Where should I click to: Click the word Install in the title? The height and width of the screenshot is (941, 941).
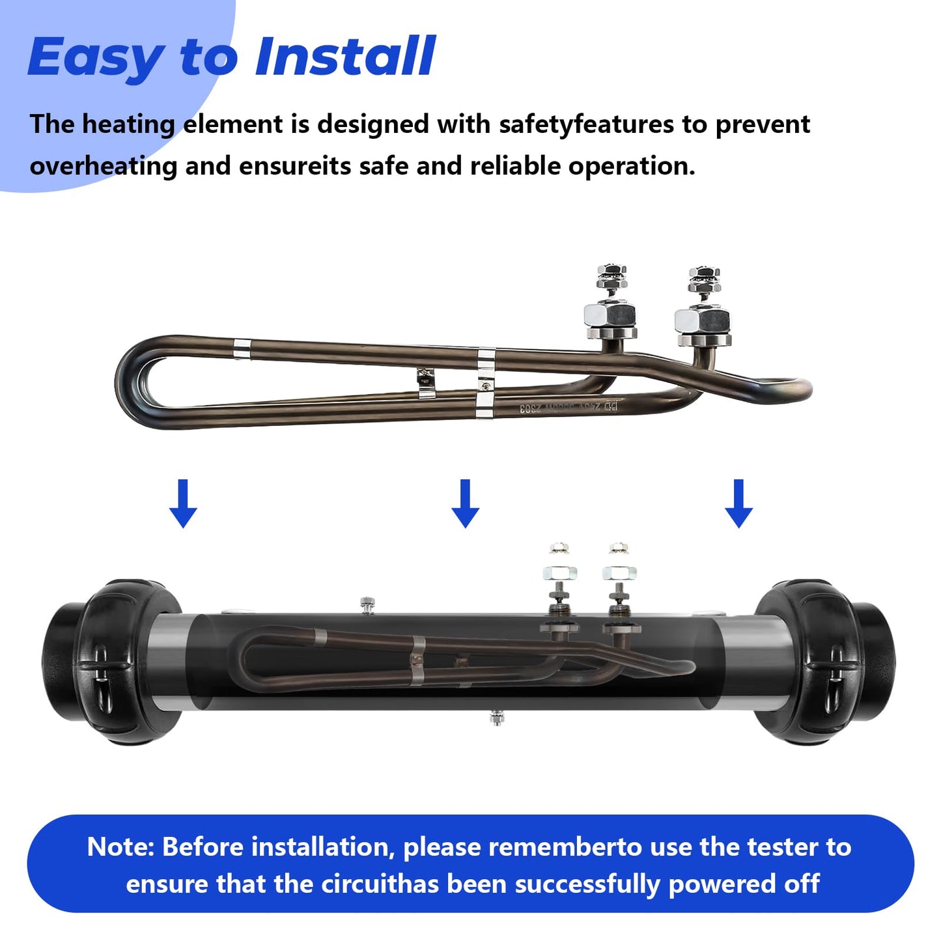pyautogui.click(x=345, y=57)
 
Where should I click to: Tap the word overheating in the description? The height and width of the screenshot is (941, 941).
pyautogui.click(x=103, y=166)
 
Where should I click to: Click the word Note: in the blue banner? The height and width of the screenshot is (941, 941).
pyautogui.click(x=120, y=847)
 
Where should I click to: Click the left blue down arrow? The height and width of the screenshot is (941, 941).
pyautogui.click(x=183, y=503)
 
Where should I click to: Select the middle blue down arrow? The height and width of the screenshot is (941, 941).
pyautogui.click(x=465, y=503)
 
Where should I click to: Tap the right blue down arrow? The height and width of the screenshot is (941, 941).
pyautogui.click(x=738, y=503)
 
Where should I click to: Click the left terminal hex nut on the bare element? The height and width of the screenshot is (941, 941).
pyautogui.click(x=610, y=316)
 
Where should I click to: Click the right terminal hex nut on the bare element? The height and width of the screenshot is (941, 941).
pyautogui.click(x=702, y=319)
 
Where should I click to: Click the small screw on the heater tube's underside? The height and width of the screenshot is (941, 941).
pyautogui.click(x=496, y=718)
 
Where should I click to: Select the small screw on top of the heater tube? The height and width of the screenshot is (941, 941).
pyautogui.click(x=367, y=604)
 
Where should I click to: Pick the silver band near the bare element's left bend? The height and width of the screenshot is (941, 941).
pyautogui.click(x=241, y=349)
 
